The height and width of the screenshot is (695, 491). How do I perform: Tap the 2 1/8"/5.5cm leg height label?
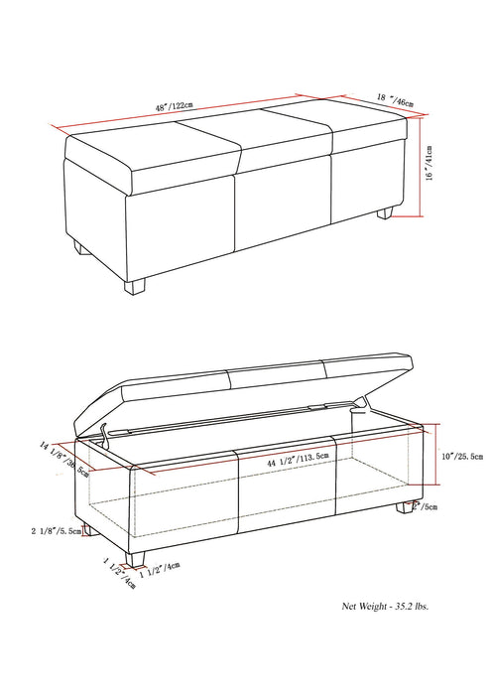[59, 532]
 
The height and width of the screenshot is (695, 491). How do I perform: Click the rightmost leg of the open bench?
[407, 507]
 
